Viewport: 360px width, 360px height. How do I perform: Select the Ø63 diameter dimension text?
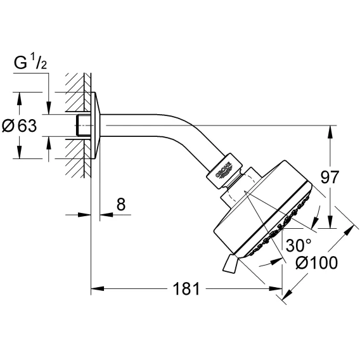(x=19, y=125)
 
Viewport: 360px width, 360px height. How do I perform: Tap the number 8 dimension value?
(x=121, y=204)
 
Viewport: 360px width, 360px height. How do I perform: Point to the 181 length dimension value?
(x=186, y=288)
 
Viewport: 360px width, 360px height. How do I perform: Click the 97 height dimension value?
(x=330, y=177)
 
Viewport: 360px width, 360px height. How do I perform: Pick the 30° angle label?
(x=299, y=245)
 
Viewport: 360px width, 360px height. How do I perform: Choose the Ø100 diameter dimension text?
(x=317, y=262)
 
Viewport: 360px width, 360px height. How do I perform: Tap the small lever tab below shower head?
(x=231, y=264)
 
